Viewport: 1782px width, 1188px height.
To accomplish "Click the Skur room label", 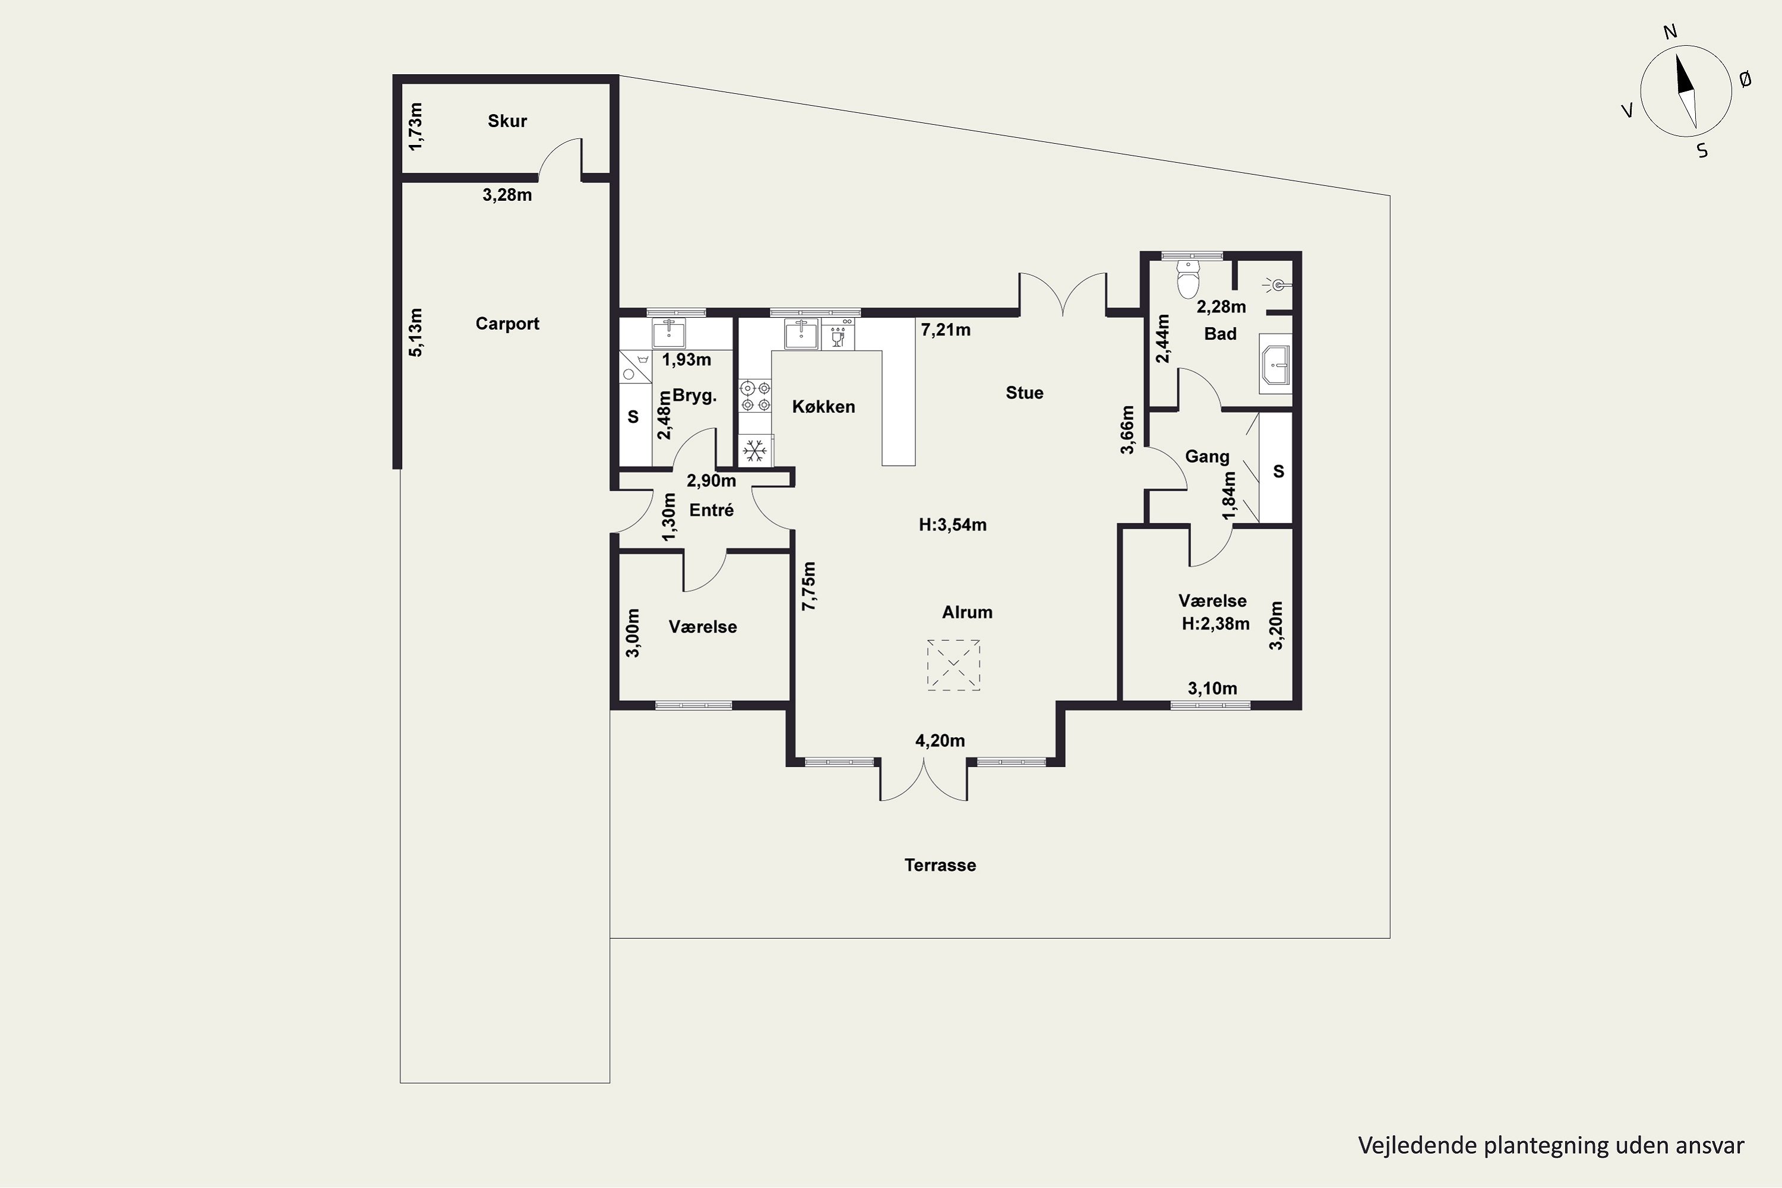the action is [507, 121].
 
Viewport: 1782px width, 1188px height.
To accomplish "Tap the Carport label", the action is [507, 324].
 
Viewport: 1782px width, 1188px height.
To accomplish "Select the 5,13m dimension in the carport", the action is [415, 332].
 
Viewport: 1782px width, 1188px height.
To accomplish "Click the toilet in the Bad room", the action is [1188, 278].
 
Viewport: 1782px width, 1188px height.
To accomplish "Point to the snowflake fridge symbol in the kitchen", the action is [754, 451].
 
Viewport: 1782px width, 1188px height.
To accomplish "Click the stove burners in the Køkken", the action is [756, 396].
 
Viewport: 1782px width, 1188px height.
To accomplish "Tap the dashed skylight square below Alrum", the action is [953, 665].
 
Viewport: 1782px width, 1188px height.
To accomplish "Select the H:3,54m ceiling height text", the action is [952, 525].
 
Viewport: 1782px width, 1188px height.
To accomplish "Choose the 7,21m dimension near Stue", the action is [946, 330].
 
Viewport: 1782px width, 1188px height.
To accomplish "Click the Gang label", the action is [1207, 457].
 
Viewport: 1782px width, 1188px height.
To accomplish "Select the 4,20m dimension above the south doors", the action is [940, 741].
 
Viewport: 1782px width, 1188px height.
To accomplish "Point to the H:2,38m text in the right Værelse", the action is [1215, 624].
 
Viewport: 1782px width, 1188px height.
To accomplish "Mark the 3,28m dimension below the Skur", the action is [507, 195].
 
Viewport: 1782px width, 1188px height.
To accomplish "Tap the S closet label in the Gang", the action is [1279, 471].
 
